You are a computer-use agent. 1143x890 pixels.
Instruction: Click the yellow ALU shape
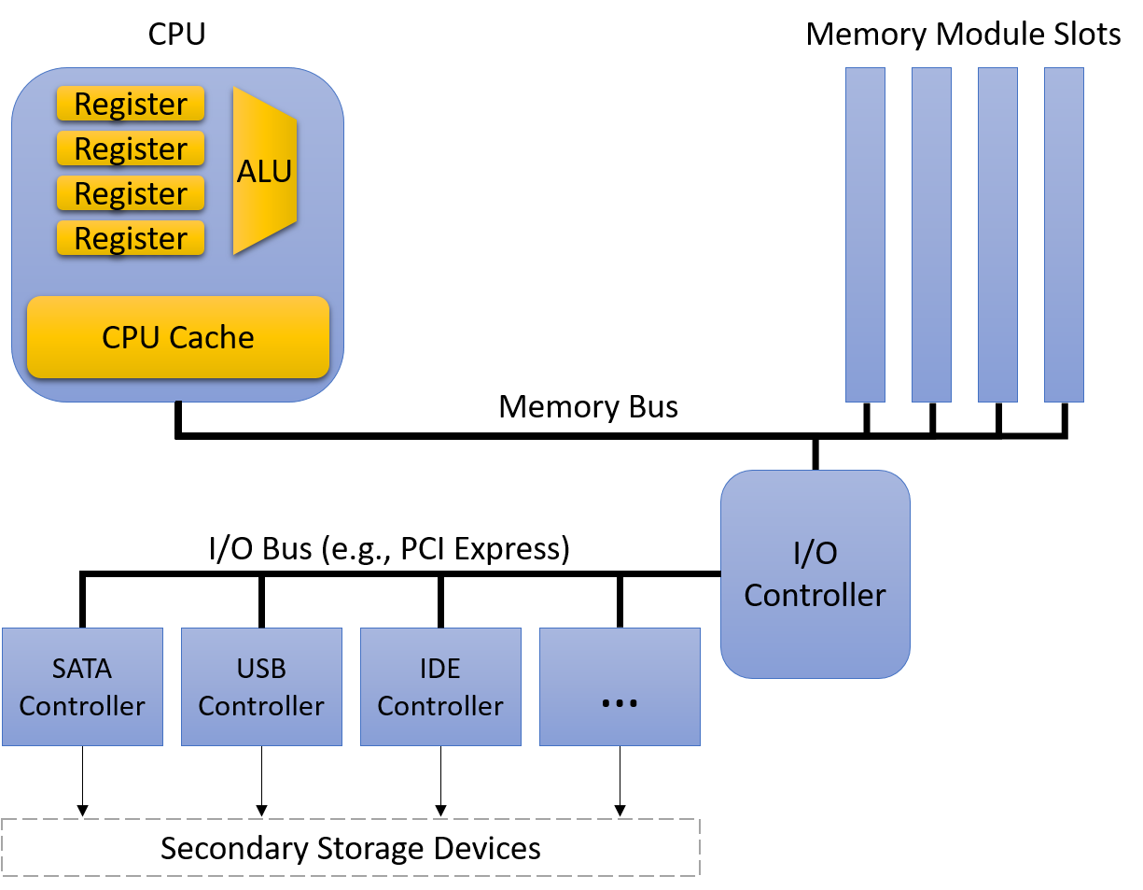pyautogui.click(x=264, y=171)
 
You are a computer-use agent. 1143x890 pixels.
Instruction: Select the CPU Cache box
pyautogui.click(x=178, y=337)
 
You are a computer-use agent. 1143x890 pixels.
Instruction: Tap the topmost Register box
pyautogui.click(x=131, y=104)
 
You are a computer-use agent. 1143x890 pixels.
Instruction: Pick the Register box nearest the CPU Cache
pyautogui.click(x=131, y=238)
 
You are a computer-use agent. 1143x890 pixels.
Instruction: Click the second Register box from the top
pyautogui.click(x=131, y=148)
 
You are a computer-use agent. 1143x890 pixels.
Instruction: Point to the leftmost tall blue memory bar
pyautogui.click(x=865, y=234)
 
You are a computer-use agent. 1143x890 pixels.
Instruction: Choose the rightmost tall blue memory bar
pyautogui.click(x=1064, y=234)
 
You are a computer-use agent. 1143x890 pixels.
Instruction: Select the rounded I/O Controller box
pyautogui.click(x=815, y=573)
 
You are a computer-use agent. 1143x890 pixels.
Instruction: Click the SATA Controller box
pyautogui.click(x=82, y=686)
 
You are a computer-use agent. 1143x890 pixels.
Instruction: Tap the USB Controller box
pyautogui.click(x=261, y=686)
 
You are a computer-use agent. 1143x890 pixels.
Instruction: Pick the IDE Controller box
pyautogui.click(x=440, y=686)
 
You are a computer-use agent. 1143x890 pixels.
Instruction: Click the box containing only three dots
pyautogui.click(x=620, y=686)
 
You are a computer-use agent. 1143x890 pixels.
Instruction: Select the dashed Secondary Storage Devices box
pyautogui.click(x=350, y=848)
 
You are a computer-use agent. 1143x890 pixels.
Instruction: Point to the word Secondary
pyautogui.click(x=234, y=848)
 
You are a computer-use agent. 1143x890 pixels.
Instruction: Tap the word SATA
pyautogui.click(x=82, y=669)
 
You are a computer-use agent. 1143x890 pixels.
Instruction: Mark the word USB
pyautogui.click(x=261, y=669)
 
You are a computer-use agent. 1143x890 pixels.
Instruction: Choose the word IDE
pyautogui.click(x=440, y=669)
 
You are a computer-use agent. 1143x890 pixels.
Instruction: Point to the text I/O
pyautogui.click(x=815, y=553)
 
